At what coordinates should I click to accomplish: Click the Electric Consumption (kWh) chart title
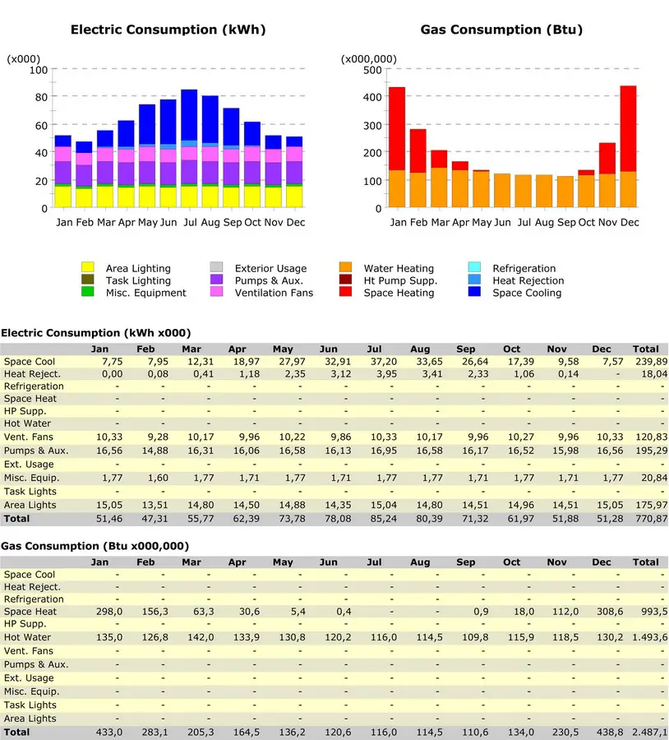168,30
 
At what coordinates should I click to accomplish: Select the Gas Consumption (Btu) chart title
501,30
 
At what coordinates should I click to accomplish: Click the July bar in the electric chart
189,148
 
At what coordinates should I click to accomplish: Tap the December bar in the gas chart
629,146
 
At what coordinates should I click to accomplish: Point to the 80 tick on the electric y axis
42,97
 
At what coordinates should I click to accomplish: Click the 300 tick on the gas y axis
372,125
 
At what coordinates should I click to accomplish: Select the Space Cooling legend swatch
474,292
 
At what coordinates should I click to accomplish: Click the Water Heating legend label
399,268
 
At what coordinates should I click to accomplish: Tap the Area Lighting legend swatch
88,267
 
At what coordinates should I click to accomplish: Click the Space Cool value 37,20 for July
384,362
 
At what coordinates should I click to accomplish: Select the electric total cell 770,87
651,519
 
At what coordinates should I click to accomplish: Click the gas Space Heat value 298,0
109,612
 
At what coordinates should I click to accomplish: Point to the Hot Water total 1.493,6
650,637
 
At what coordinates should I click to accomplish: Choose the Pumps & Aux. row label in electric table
36,451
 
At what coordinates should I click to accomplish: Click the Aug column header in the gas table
420,562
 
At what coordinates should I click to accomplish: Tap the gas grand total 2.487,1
650,732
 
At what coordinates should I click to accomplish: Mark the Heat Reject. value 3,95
386,374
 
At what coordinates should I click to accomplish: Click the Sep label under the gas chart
566,222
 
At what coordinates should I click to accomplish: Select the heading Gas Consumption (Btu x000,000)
95,546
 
